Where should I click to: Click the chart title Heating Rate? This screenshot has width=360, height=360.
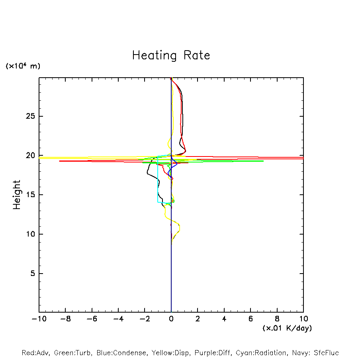[171, 55]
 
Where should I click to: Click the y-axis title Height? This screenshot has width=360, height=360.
[17, 195]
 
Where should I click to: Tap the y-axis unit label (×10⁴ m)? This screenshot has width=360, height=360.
[23, 66]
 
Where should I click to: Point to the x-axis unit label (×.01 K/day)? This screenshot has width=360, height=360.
[287, 328]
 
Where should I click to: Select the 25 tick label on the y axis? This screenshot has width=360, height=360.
[26, 116]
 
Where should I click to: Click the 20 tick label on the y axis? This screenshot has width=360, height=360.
[26, 156]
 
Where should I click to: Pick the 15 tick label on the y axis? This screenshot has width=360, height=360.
[26, 195]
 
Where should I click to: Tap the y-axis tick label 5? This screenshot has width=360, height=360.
[29, 274]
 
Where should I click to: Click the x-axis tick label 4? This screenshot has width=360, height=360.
[224, 319]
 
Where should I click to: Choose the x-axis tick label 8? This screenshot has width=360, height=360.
[277, 319]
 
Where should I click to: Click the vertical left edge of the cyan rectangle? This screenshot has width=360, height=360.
[158, 179]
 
